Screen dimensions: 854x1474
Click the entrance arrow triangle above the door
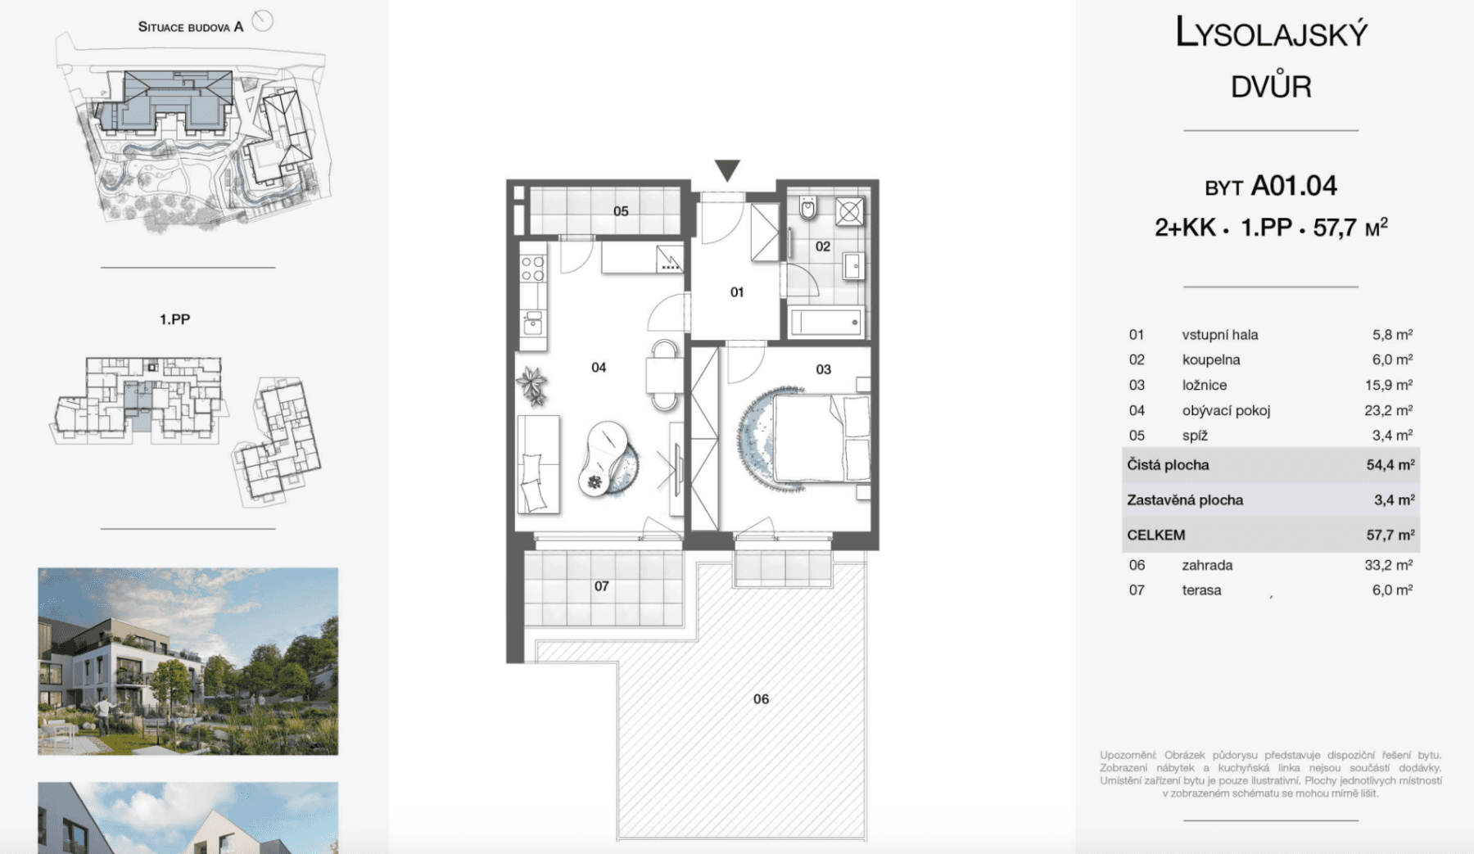pos(727,169)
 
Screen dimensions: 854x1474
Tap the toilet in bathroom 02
pos(808,208)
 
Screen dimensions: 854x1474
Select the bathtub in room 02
pos(826,322)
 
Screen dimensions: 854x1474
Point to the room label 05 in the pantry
pos(621,211)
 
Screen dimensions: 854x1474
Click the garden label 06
pos(761,698)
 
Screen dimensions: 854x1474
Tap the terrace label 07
pos(601,586)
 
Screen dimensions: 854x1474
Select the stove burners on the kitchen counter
pos(533,269)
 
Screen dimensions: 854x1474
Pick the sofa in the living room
pos(538,464)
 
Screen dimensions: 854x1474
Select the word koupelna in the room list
pos(1210,359)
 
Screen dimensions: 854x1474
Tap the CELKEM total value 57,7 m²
pos(1390,535)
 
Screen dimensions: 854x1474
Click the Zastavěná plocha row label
pos(1184,499)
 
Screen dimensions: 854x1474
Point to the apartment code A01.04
pos(1293,186)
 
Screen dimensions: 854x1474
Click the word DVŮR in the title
pos(1270,86)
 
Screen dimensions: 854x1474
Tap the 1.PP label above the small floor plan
pos(174,319)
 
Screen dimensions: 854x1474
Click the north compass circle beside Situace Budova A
pos(262,20)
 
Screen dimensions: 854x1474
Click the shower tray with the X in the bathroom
pos(849,211)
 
